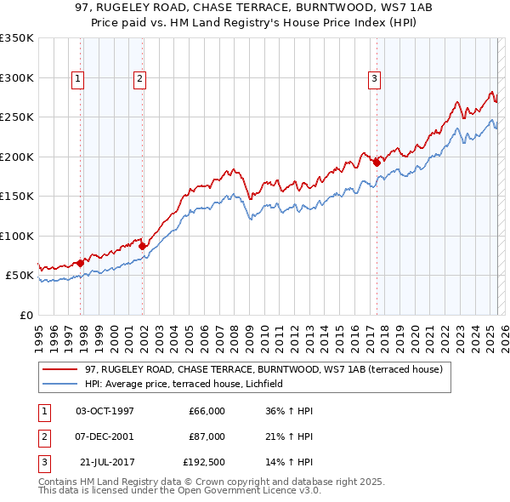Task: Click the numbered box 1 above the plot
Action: tap(77, 79)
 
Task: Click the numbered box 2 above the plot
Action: tap(139, 79)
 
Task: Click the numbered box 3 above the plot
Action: tap(374, 79)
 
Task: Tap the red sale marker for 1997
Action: tap(80, 263)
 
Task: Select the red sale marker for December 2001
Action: tap(143, 247)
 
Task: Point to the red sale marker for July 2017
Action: tap(377, 162)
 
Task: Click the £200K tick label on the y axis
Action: tap(16, 157)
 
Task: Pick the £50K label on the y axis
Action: tap(19, 276)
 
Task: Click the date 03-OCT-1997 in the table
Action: tap(105, 411)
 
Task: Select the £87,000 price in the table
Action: tap(207, 436)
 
